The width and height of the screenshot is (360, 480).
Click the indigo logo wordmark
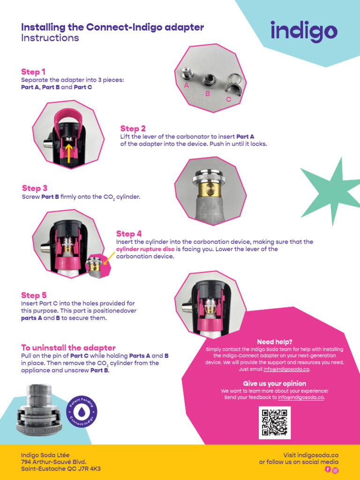[x=304, y=31]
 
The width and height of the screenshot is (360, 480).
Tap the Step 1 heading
[x=33, y=72]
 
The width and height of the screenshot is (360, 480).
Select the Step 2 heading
[x=133, y=128]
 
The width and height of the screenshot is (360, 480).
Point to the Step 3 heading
[x=35, y=188]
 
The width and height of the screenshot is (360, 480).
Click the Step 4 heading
[x=129, y=234]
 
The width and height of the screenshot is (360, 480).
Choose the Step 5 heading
[x=34, y=295]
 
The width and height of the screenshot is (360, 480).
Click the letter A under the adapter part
[x=187, y=86]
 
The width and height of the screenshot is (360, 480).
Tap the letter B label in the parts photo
[x=208, y=94]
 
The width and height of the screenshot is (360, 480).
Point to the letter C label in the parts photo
[x=229, y=99]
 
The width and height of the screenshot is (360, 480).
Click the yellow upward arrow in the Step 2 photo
[x=69, y=153]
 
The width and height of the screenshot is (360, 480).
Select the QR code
[x=275, y=422]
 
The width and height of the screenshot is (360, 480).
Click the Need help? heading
[x=275, y=342]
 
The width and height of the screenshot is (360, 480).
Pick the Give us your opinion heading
[x=275, y=383]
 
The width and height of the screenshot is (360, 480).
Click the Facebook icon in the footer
[x=328, y=469]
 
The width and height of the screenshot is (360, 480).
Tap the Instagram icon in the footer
[x=335, y=470]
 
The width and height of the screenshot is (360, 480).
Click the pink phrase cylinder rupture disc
[x=145, y=249]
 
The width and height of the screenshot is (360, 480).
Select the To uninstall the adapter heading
[x=68, y=348]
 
